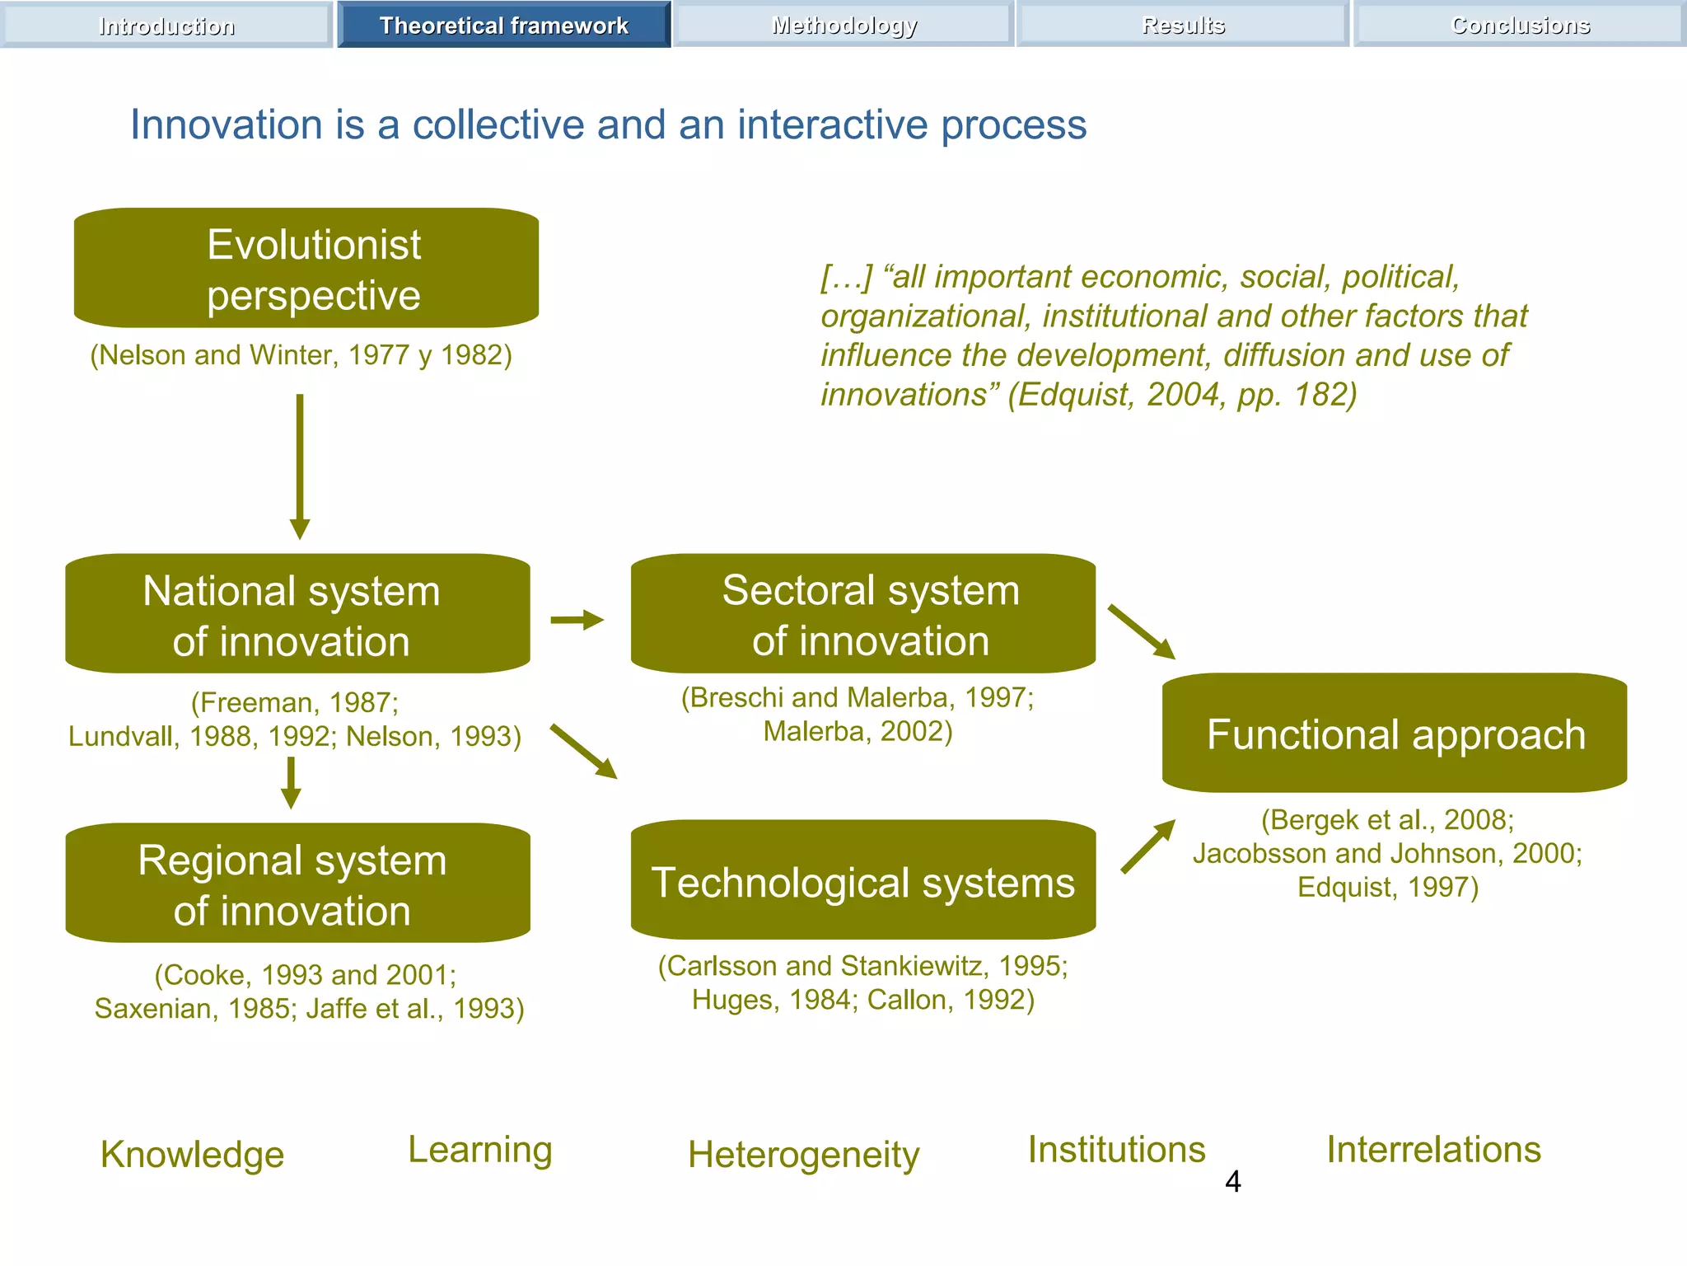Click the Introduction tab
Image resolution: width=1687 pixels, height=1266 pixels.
[166, 25]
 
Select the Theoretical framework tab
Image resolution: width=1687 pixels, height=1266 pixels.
[503, 25]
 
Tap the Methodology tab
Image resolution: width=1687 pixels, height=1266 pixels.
[843, 25]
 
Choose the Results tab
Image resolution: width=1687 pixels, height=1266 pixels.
[1183, 25]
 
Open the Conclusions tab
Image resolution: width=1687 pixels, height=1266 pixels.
[1520, 25]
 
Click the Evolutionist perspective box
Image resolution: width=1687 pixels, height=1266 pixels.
[306, 268]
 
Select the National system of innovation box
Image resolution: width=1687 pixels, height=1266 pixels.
[297, 614]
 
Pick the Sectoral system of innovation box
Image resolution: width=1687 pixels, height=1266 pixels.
[862, 614]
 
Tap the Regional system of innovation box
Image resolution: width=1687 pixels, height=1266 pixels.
[297, 883]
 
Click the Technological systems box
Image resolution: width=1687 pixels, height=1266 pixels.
[862, 880]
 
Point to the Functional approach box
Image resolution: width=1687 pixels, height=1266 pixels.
[1394, 734]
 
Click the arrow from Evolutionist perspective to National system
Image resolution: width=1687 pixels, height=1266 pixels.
[300, 466]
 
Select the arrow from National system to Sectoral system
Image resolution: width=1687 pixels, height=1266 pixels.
[577, 620]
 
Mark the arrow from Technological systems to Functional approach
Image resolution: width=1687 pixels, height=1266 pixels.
[1148, 846]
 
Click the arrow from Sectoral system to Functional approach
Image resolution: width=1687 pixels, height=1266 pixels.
[1142, 632]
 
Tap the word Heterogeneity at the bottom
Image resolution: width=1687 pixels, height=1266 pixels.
[803, 1154]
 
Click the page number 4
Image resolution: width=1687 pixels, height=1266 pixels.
[1232, 1181]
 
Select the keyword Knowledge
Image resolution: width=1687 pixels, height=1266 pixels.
[192, 1154]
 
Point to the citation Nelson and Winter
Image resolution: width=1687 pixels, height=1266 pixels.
[301, 355]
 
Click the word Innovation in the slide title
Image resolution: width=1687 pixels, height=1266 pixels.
[227, 125]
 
